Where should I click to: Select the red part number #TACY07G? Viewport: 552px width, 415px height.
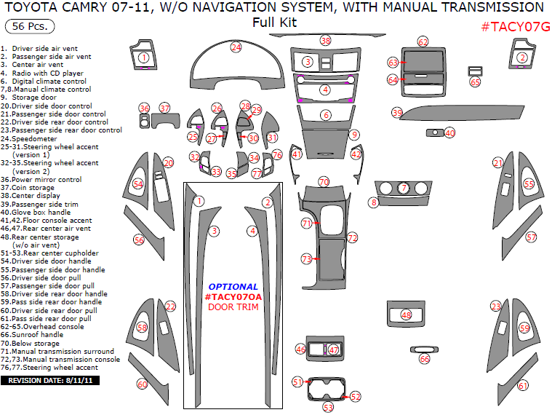(x=515, y=27)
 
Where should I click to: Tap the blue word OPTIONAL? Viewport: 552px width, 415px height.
(x=233, y=287)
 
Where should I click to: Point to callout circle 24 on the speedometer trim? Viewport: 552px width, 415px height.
(x=236, y=47)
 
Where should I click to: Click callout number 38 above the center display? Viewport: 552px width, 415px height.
(x=326, y=40)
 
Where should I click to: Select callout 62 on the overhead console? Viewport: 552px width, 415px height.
(x=423, y=41)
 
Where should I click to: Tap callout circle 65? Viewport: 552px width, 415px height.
(x=475, y=82)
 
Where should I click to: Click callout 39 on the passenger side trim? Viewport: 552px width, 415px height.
(x=397, y=113)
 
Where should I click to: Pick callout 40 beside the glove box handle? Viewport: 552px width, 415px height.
(x=449, y=133)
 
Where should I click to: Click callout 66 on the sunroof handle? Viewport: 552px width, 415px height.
(x=425, y=359)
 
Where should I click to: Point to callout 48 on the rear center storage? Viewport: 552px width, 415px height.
(x=406, y=315)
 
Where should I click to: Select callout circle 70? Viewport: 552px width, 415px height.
(x=324, y=181)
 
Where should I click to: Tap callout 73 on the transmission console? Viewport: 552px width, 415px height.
(x=307, y=258)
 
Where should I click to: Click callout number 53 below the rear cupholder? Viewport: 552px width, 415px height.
(x=328, y=407)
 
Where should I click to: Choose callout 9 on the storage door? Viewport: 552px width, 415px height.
(x=354, y=135)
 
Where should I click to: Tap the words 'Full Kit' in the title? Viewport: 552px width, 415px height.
(x=274, y=23)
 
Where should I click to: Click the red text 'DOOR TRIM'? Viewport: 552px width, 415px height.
(x=233, y=307)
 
